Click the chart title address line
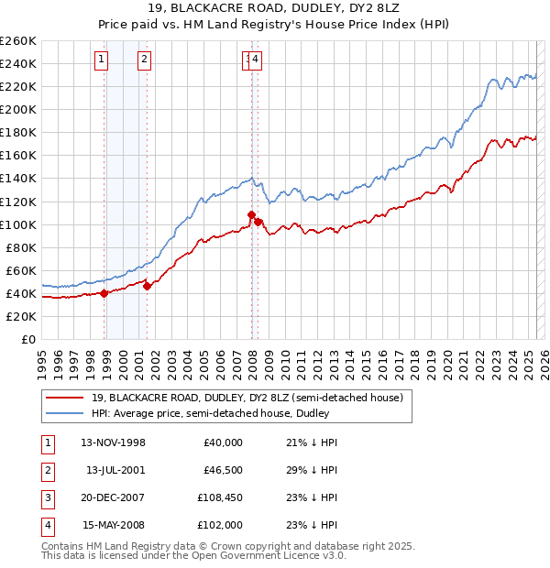pyautogui.click(x=274, y=9)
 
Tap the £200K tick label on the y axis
pyautogui.click(x=18, y=109)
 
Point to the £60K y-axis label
pyautogui.click(x=21, y=270)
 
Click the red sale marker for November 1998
pyautogui.click(x=104, y=293)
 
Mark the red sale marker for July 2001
pyautogui.click(x=148, y=286)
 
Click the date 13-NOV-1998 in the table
pyautogui.click(x=114, y=442)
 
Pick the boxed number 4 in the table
pyautogui.click(x=46, y=525)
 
